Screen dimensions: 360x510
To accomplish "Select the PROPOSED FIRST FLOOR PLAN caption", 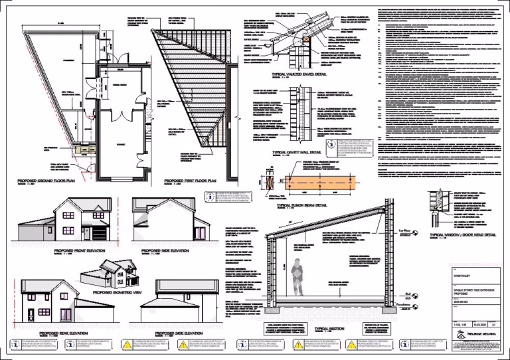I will coord(192,180).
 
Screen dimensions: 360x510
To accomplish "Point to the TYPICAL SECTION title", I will coord(330,328).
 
